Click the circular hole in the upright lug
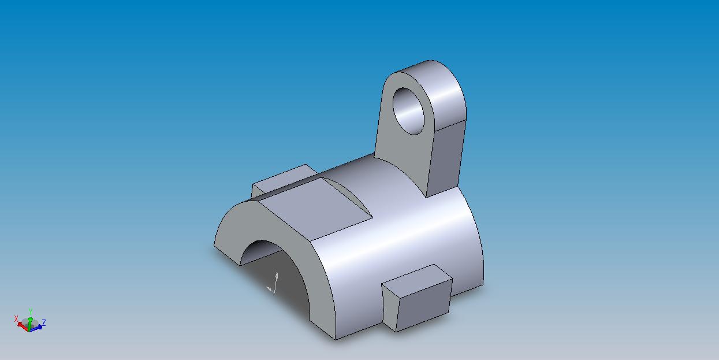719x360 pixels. coord(409,111)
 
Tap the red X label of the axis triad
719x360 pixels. coord(16,319)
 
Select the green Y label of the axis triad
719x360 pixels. coord(31,311)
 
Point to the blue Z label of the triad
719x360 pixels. coord(44,323)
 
